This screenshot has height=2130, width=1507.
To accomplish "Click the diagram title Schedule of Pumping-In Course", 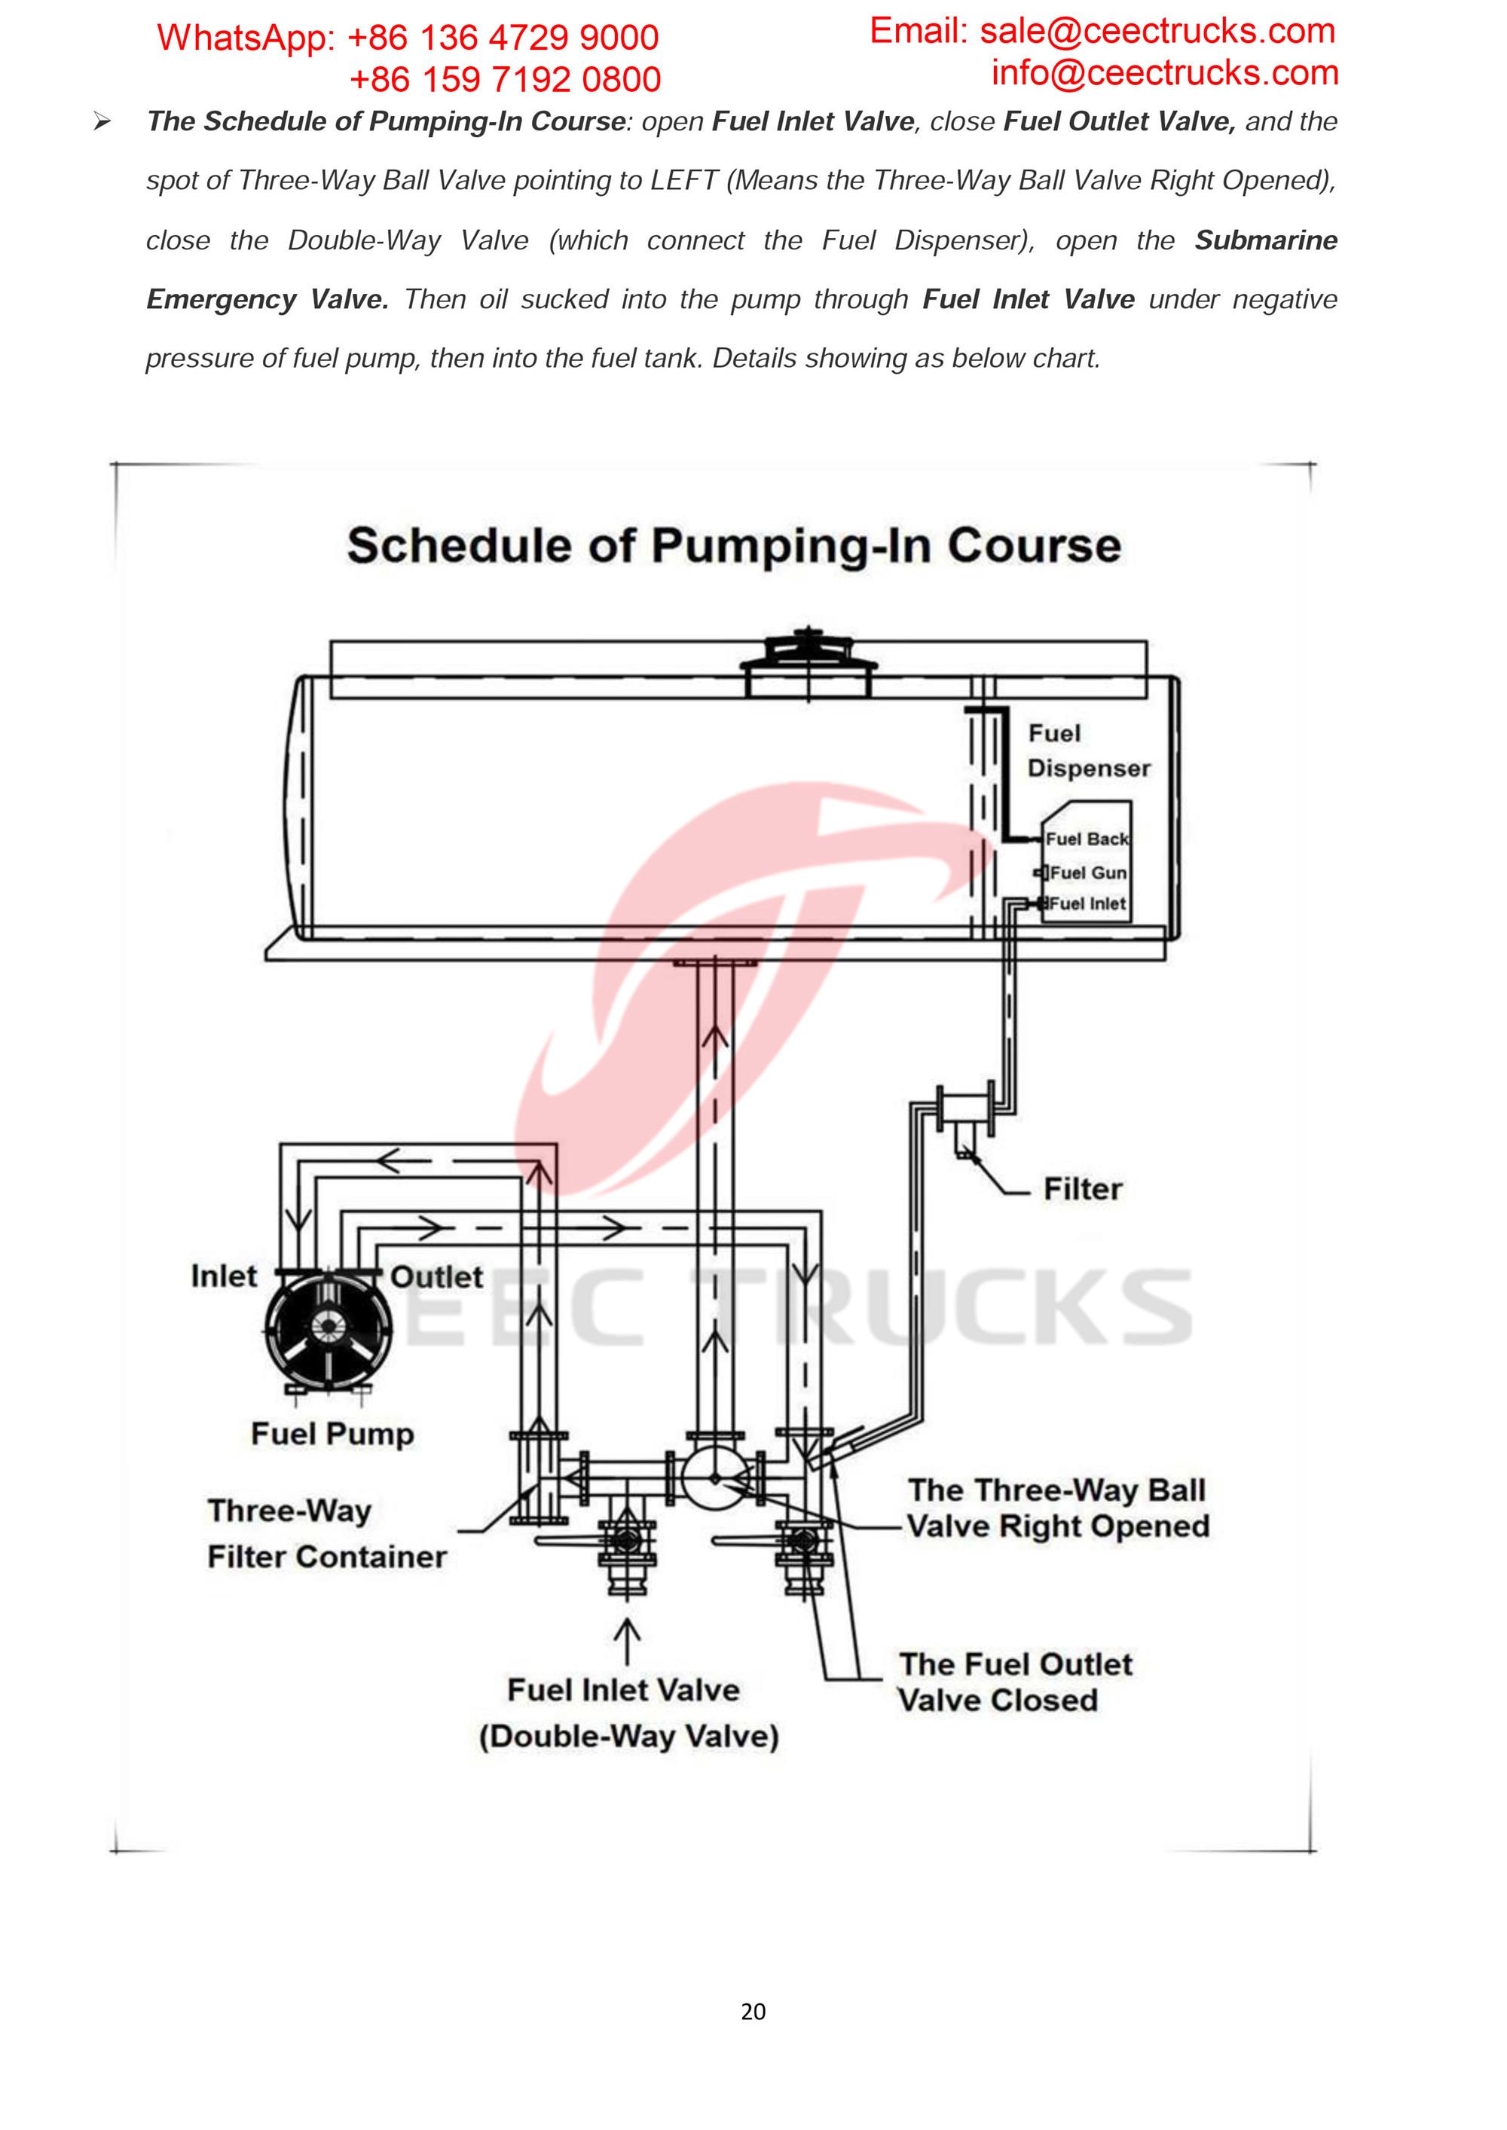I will [x=734, y=545].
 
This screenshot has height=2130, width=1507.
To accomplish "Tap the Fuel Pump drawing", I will [x=326, y=1328].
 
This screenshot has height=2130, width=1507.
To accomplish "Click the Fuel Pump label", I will [x=332, y=1435].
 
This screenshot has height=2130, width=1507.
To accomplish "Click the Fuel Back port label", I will [x=1087, y=839].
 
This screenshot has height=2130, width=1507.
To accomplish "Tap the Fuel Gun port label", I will [x=1087, y=873].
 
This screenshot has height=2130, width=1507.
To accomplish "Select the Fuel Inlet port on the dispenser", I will [x=1087, y=903].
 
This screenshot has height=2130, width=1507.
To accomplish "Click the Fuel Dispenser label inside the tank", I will [x=1087, y=750].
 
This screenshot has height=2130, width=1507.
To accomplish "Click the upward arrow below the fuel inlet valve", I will [x=628, y=1641].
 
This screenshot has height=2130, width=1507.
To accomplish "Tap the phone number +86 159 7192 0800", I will [x=505, y=80].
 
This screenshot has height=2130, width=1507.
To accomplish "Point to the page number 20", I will [x=753, y=2011].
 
